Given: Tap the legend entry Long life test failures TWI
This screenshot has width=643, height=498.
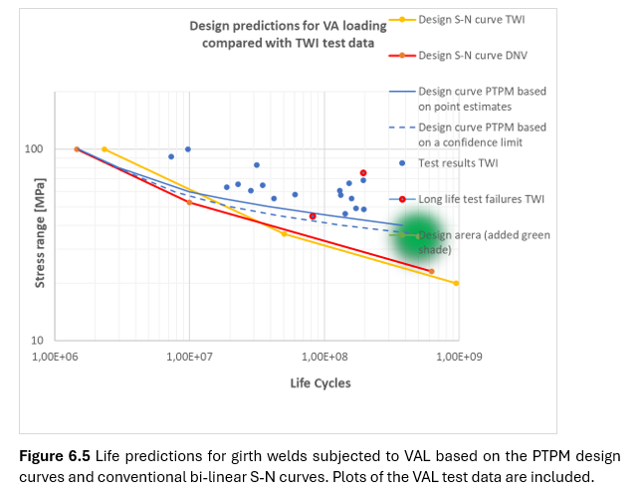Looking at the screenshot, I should (481, 199).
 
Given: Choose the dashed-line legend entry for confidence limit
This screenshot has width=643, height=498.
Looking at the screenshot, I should (482, 133).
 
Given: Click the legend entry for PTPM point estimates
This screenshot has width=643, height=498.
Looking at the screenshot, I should (482, 98).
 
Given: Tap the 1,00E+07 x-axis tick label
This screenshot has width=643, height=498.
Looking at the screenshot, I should (188, 356).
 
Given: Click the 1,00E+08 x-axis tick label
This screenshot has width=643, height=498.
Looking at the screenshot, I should (322, 356).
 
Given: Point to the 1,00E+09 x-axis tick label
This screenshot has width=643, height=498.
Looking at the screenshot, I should (456, 356).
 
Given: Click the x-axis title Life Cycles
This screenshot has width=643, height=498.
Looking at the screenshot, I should (320, 383).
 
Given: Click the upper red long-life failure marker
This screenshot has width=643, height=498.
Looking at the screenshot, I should (363, 173).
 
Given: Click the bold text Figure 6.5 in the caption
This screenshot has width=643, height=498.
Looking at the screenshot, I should (55, 456).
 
